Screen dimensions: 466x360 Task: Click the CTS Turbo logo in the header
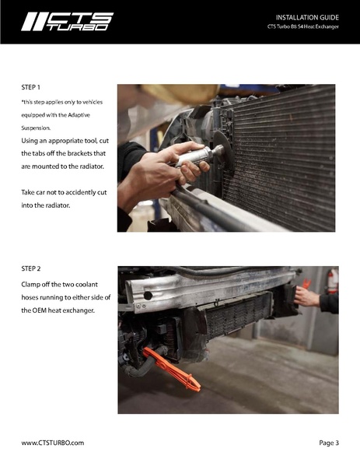point(67,22)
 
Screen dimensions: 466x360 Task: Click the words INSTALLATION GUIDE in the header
point(307,17)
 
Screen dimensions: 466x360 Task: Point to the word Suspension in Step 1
point(36,128)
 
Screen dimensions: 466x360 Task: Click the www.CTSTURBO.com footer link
point(52,443)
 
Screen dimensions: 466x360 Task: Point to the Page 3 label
point(329,443)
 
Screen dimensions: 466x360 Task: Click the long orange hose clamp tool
point(174,370)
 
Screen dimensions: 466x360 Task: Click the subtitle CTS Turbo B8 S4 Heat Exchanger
point(302,28)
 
